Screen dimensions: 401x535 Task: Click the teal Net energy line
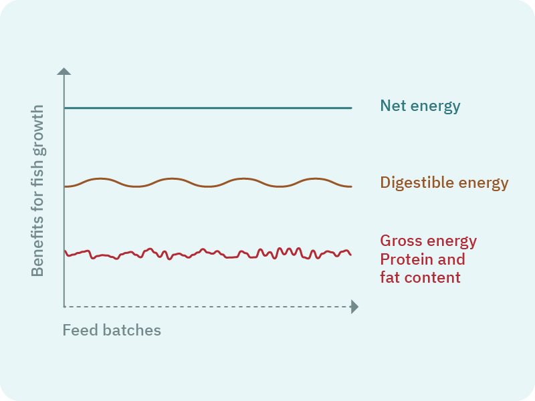207,108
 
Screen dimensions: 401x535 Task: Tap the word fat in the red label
391,277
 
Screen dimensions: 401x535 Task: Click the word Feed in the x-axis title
78,330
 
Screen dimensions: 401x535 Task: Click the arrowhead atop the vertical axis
64,70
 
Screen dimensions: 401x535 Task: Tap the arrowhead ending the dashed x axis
354,307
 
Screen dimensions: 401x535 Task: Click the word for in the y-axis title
38,195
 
